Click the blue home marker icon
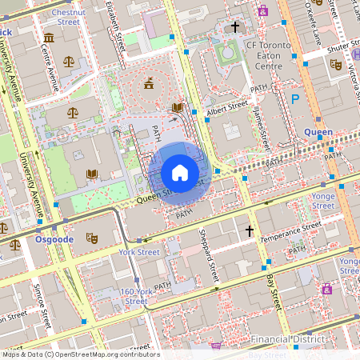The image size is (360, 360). coord(180,173)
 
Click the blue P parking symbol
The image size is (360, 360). coord(294,99)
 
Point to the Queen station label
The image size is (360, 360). coord(318,132)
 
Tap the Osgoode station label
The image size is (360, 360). coord(55,238)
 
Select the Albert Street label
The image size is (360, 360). coord(227,106)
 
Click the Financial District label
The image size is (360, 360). coord(289,339)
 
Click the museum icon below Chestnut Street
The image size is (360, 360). coord(49,38)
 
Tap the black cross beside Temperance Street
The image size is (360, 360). coord(250,230)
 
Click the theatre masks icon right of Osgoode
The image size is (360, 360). coord(91,238)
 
